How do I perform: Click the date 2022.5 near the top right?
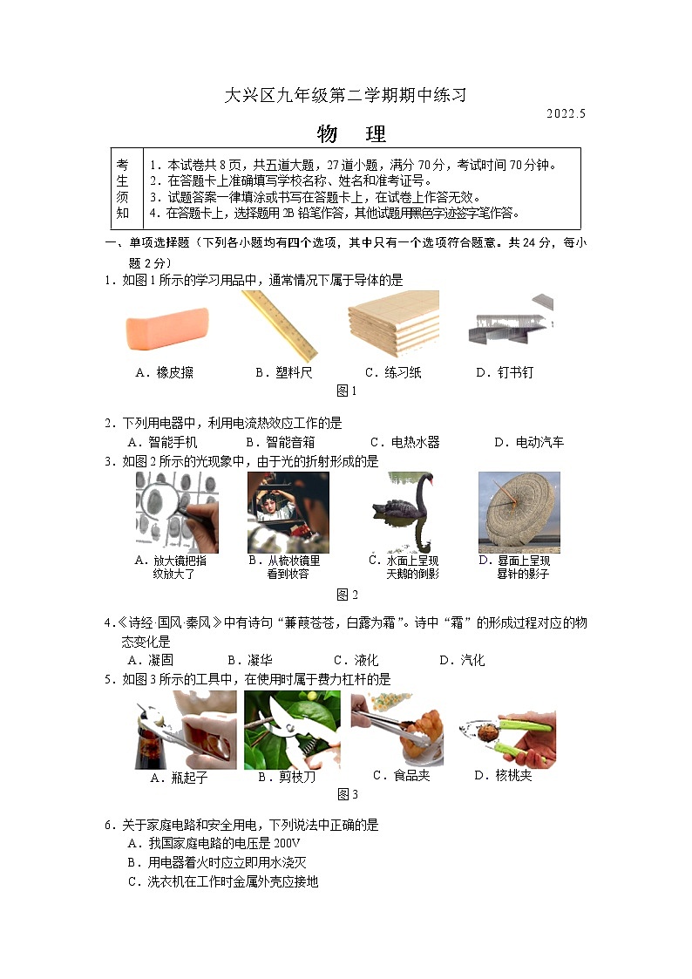click(566, 114)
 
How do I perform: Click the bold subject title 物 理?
click(350, 134)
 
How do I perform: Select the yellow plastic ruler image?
click(278, 325)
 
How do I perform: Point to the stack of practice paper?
click(392, 323)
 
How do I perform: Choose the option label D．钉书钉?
click(504, 372)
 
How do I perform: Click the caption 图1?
click(347, 391)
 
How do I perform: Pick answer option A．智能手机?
click(162, 442)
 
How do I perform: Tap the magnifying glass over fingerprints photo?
click(176, 512)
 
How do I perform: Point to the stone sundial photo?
click(519, 512)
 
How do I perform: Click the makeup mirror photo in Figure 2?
click(288, 512)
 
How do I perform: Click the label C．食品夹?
click(401, 775)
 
